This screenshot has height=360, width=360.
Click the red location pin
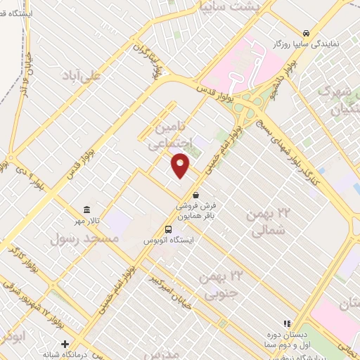click(x=181, y=165)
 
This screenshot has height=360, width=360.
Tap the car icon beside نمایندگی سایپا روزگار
click(x=307, y=33)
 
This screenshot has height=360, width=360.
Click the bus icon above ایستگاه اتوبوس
click(x=169, y=229)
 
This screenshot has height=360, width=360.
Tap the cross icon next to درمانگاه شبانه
click(x=65, y=345)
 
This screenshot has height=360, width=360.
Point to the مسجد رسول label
click(x=77, y=239)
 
